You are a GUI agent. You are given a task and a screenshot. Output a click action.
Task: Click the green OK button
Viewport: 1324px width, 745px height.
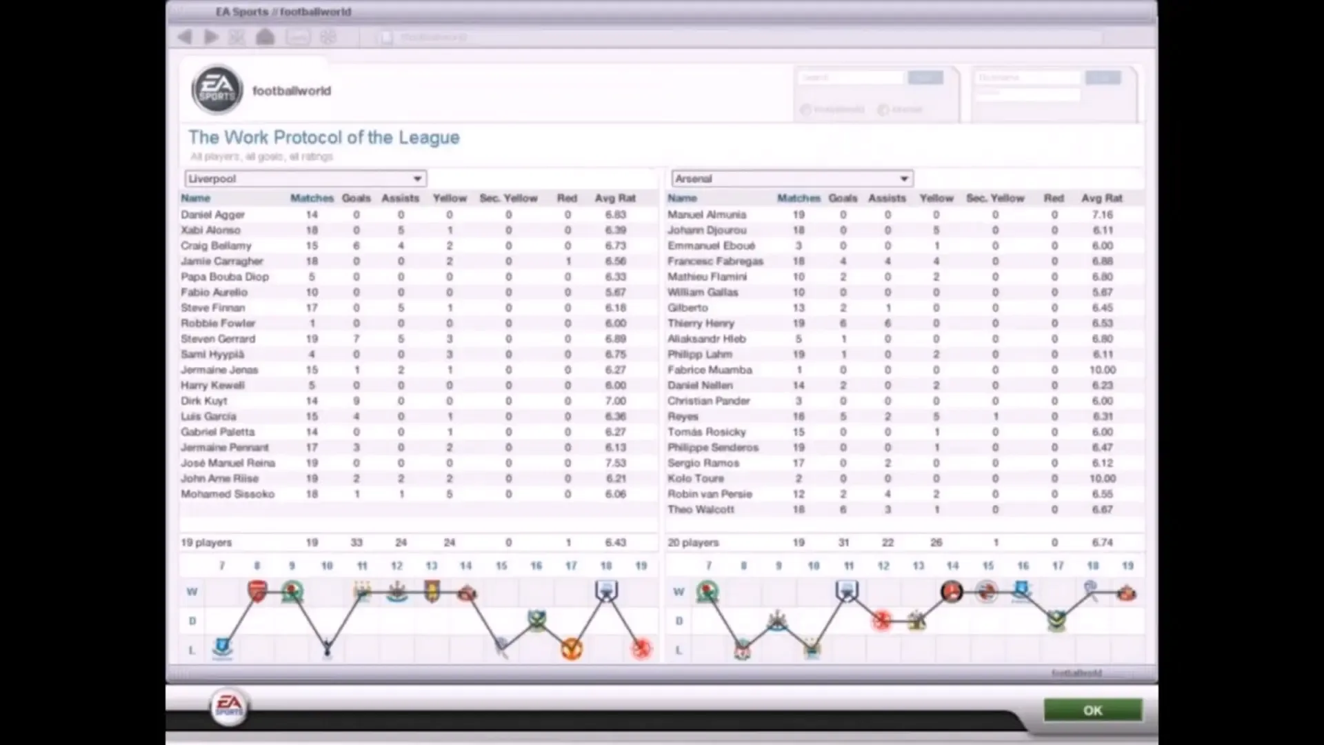click(x=1092, y=710)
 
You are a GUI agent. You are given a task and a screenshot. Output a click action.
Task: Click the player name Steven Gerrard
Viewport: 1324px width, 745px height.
click(x=218, y=339)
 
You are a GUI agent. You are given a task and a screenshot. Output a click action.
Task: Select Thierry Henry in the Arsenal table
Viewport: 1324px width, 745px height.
click(x=701, y=324)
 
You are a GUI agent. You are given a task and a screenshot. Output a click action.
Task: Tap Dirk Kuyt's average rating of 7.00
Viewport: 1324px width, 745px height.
click(x=615, y=401)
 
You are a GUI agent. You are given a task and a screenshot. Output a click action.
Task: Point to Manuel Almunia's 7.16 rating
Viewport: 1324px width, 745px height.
click(x=1102, y=215)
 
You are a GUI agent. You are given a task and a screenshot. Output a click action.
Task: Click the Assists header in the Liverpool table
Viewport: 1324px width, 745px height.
click(x=400, y=198)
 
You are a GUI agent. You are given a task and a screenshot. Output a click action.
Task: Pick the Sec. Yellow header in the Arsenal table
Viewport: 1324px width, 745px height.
click(x=995, y=198)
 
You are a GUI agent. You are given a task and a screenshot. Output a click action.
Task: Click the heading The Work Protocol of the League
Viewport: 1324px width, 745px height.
click(x=323, y=137)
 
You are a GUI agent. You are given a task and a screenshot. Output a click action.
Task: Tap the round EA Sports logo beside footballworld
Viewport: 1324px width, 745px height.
click(x=217, y=90)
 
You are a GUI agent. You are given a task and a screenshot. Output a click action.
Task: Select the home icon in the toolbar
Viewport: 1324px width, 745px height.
click(x=265, y=37)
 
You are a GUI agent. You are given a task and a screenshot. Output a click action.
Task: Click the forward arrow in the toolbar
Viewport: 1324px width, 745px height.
click(x=211, y=37)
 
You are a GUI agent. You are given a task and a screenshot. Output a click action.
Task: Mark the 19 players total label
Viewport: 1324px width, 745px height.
click(x=206, y=543)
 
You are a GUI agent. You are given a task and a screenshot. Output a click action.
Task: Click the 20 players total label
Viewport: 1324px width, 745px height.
click(x=693, y=543)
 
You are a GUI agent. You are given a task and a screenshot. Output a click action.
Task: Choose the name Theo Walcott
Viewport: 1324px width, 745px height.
click(x=701, y=510)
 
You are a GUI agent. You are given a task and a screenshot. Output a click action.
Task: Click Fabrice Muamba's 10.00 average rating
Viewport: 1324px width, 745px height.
click(x=1102, y=370)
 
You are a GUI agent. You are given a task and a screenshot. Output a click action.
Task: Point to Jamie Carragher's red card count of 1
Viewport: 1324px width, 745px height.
click(x=568, y=261)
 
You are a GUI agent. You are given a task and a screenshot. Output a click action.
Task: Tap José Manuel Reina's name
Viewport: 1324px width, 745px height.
click(x=228, y=463)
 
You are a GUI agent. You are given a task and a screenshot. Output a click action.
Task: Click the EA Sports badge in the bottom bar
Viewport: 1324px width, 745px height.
click(x=230, y=706)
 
